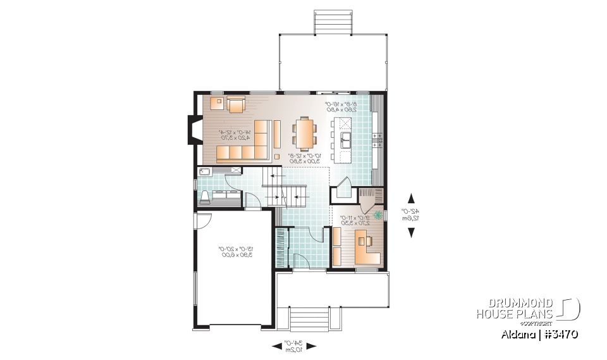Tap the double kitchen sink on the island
(345, 138)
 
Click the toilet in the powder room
(204, 196)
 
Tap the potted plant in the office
(378, 215)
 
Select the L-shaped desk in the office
(367, 247)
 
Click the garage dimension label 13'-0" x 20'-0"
(235, 252)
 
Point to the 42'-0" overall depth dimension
(412, 215)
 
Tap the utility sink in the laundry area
(206, 171)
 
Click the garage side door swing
(202, 221)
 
